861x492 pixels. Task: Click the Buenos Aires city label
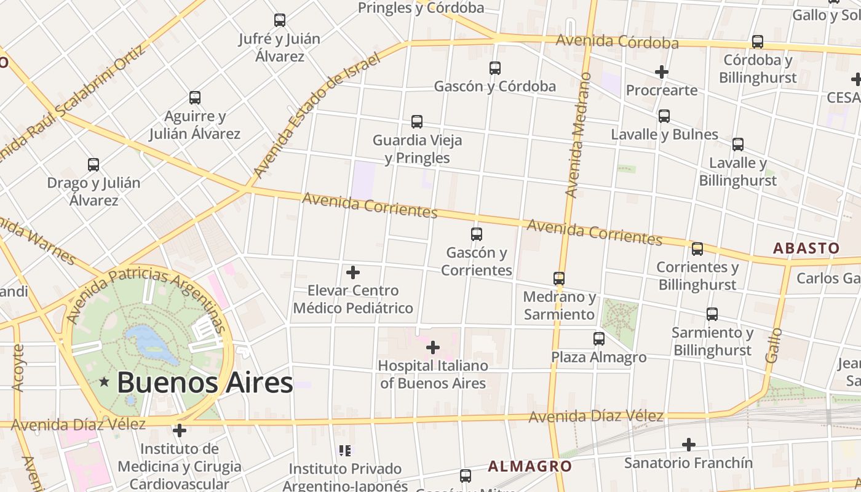click(204, 383)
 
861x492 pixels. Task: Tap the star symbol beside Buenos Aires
click(105, 383)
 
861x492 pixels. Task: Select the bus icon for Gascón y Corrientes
click(476, 234)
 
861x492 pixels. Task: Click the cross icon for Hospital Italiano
click(433, 347)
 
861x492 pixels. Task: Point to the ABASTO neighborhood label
click(806, 248)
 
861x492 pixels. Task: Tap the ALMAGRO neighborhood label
click(530, 466)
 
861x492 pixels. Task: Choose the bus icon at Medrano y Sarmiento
click(559, 279)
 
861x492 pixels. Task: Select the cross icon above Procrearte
click(661, 72)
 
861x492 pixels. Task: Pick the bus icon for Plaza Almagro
click(598, 339)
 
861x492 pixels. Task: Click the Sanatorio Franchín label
click(688, 462)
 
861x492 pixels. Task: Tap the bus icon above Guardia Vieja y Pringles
click(417, 122)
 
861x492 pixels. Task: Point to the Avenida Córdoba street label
click(617, 42)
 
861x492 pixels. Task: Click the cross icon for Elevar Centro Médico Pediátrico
click(353, 272)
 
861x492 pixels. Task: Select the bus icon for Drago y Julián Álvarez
click(93, 165)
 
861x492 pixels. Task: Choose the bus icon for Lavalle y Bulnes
click(664, 116)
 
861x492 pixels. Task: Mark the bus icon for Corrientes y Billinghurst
click(697, 249)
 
